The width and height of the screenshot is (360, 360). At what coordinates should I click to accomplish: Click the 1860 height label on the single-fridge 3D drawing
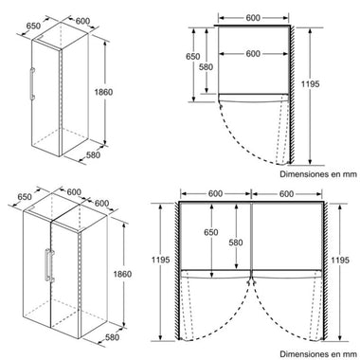pyautogui.click(x=103, y=92)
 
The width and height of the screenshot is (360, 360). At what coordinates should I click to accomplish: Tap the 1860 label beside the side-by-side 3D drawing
pyautogui.click(x=122, y=274)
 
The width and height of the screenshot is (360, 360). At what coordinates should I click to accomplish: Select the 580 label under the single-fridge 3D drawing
pyautogui.click(x=93, y=155)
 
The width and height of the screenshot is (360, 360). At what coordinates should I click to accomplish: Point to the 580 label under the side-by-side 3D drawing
pyautogui.click(x=112, y=337)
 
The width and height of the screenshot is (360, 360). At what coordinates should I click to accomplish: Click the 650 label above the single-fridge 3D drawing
pyautogui.click(x=33, y=26)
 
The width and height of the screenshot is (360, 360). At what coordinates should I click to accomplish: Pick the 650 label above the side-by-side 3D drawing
pyautogui.click(x=25, y=197)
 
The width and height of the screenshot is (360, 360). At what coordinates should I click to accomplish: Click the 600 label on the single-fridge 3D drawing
pyautogui.click(x=82, y=21)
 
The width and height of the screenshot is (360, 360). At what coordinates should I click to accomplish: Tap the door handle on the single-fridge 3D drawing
pyautogui.click(x=32, y=83)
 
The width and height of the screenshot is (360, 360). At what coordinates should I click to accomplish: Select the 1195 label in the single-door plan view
pyautogui.click(x=310, y=84)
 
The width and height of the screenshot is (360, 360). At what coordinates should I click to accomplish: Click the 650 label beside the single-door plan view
pyautogui.click(x=192, y=57)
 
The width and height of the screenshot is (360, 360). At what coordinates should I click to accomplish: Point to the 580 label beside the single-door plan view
pyautogui.click(x=206, y=67)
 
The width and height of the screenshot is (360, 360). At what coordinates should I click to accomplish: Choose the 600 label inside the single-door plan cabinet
pyautogui.click(x=253, y=54)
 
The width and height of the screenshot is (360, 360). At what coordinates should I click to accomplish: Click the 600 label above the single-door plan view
pyautogui.click(x=253, y=18)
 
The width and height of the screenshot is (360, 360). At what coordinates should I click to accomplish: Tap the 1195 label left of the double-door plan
pyautogui.click(x=161, y=260)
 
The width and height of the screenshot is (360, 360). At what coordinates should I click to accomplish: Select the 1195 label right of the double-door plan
pyautogui.click(x=340, y=260)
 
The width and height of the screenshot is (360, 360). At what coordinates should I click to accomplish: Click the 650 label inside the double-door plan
pyautogui.click(x=211, y=232)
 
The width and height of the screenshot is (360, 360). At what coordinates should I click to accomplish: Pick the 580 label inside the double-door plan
pyautogui.click(x=236, y=243)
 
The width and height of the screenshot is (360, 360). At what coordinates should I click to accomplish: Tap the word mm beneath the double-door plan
pyautogui.click(x=350, y=354)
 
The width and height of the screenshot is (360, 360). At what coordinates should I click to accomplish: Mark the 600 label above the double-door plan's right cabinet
pyautogui.click(x=286, y=193)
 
